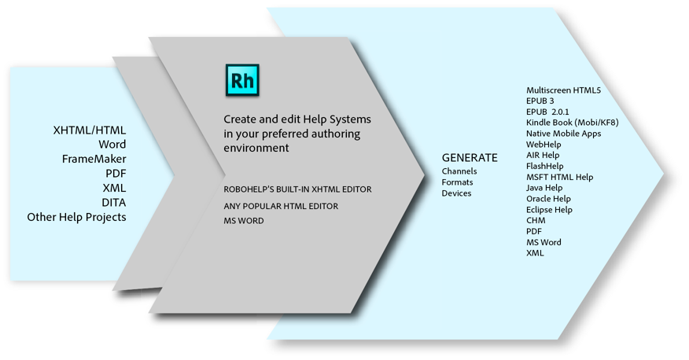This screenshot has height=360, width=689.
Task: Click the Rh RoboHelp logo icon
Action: tap(242, 81)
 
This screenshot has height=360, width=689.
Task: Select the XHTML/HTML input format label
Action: tap(89, 130)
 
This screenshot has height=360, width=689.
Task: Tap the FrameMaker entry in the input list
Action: tap(94, 160)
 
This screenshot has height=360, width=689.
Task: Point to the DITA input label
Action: tap(113, 203)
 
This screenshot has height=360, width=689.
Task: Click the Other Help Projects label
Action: tap(76, 217)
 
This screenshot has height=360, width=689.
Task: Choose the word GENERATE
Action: tap(470, 157)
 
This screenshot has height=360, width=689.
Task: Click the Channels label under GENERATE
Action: tap(459, 171)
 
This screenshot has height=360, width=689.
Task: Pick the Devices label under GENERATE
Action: tap(456, 193)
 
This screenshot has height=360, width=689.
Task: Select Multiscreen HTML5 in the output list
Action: tap(563, 90)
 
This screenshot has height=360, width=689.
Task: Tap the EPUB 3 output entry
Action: tap(540, 101)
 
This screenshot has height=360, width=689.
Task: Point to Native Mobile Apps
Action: tap(563, 134)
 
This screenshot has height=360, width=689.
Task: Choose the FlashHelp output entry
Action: tap(544, 166)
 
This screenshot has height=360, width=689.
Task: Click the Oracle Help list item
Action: tap(548, 199)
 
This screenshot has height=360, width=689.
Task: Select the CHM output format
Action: tap(536, 221)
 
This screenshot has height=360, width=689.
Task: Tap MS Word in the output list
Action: tap(543, 242)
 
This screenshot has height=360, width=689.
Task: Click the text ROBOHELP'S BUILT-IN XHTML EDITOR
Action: tap(297, 189)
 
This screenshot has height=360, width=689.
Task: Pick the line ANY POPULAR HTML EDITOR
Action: tap(281, 206)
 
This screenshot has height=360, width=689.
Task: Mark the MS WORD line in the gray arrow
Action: tap(244, 221)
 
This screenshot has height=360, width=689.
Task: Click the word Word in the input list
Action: tap(112, 145)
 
